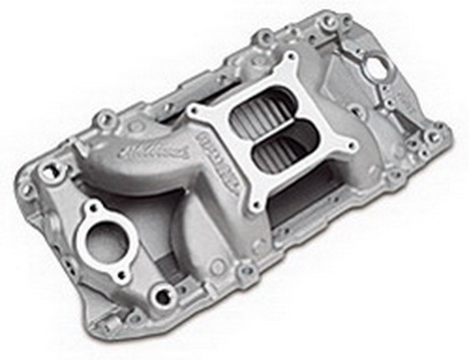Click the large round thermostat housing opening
(x=100, y=242)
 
